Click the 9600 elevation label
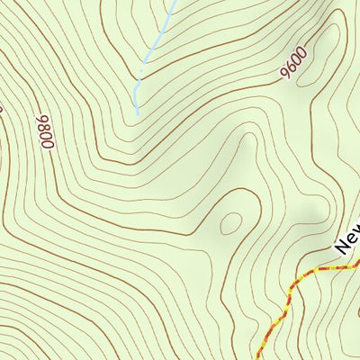point(294,62)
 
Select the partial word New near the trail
point(346,237)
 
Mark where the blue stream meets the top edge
point(175,2)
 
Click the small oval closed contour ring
point(231,222)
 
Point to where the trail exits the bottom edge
point(258,358)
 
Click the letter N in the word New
point(340,244)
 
